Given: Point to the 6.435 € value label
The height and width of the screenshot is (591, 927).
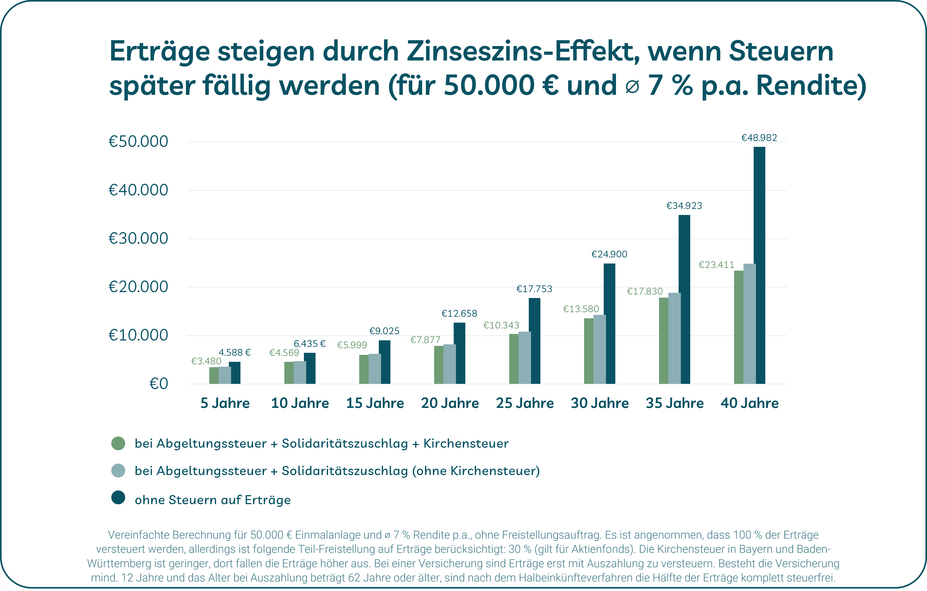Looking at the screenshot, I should tap(309, 343).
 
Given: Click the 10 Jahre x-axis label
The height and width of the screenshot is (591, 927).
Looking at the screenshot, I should tap(300, 403).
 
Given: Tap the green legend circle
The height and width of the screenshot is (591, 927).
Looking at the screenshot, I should tap(118, 443).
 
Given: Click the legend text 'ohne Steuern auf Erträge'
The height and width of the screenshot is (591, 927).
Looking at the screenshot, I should tap(213, 500).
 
